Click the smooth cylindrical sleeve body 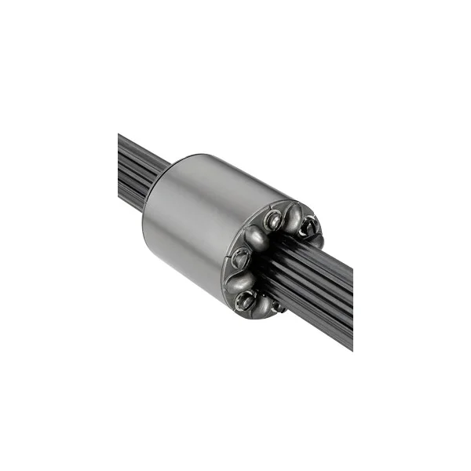click(196, 220)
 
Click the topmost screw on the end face click(273, 221)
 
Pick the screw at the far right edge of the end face click(309, 228)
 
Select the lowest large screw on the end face click(246, 298)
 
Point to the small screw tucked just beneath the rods click(277, 307)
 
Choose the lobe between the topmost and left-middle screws click(256, 235)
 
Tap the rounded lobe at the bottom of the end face click(264, 305)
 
